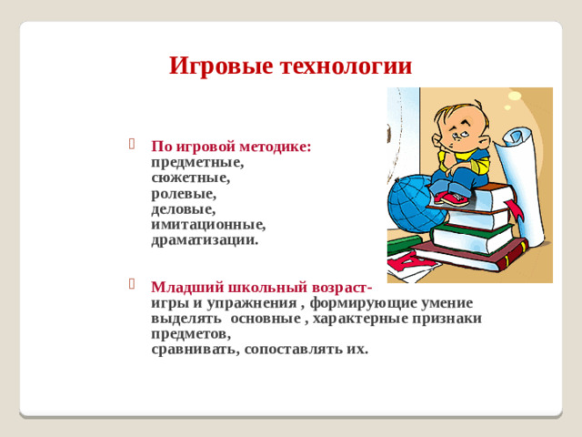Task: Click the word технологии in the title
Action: (x=346, y=66)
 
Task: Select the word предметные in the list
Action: (x=196, y=161)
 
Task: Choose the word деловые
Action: (x=183, y=209)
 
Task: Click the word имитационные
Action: (x=208, y=225)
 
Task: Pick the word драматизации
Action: (x=204, y=241)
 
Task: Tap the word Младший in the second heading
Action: (x=182, y=287)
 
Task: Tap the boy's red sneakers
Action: (x=451, y=197)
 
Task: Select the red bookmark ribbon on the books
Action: (x=516, y=212)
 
